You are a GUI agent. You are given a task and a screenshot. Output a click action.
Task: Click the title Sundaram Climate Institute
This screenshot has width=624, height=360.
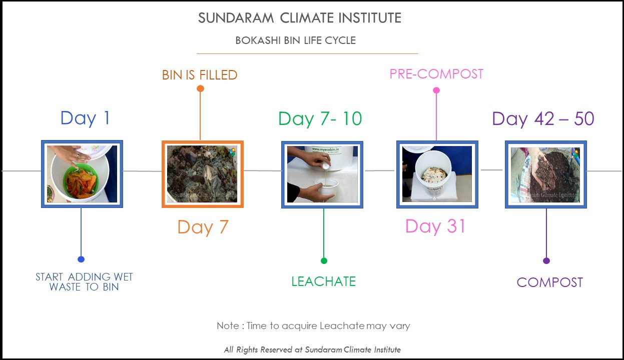pos(299,18)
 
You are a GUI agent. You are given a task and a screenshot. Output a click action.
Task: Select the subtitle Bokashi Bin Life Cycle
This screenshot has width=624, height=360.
pos(296,40)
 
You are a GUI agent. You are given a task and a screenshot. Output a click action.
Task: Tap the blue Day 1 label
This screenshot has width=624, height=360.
pos(85,119)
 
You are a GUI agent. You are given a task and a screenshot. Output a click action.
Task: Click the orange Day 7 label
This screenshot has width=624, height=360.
pos(203,227)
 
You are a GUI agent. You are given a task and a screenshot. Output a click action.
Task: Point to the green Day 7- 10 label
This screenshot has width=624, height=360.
pos(320,119)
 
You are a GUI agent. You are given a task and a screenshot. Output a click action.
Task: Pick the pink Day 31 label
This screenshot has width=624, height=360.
pos(435,226)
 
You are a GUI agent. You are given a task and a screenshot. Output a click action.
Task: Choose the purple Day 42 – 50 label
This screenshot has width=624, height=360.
pos(543,119)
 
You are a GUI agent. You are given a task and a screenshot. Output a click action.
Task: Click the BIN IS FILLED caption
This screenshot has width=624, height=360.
pos(200,75)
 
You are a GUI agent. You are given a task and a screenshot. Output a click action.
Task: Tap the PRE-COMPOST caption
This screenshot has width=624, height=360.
pos(436,74)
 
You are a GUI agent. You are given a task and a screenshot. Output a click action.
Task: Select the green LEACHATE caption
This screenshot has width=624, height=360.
pos(323,281)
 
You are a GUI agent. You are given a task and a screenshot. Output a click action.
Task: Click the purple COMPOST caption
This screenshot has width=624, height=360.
pos(549,282)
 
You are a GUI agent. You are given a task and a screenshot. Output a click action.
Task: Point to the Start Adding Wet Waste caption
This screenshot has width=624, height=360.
pos(84,282)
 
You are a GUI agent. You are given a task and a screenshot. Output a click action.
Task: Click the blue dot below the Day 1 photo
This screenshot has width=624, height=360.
pos(81,259)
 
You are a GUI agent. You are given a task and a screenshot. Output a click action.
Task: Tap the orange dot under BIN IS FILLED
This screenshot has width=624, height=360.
pos(200,88)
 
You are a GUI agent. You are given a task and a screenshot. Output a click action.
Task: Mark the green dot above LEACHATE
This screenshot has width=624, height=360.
pos(324,260)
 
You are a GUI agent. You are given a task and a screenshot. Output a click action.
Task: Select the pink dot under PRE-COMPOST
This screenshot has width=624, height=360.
pos(436,90)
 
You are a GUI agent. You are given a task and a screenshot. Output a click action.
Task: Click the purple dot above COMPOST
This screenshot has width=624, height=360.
pos(546,260)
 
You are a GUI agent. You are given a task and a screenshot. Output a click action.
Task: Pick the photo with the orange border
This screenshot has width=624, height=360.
pos(203,174)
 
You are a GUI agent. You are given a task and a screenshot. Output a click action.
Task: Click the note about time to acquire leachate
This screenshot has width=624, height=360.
pos(313,326)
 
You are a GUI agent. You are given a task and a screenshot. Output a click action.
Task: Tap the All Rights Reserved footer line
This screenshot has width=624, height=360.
pos(312,349)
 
